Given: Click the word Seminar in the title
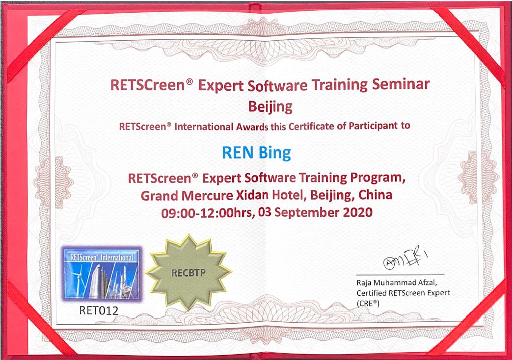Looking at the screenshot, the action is (401, 84).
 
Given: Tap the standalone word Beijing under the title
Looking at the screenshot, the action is (270, 107).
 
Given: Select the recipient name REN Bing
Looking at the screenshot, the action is (256, 153).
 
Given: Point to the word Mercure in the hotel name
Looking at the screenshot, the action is (207, 196).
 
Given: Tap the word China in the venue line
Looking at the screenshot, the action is (375, 195).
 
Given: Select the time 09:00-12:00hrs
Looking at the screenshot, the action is (207, 213).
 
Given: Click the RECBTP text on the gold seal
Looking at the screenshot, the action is (189, 273).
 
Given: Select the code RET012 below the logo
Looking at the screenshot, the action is (99, 310).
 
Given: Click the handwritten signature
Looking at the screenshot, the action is (405, 259).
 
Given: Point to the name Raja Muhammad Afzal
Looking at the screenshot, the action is (397, 283).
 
